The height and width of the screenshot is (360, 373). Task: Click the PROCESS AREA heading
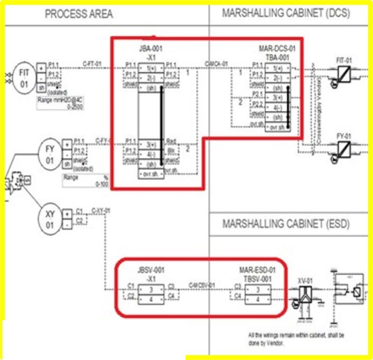79,14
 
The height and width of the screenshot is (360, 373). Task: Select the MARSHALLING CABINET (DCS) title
286,14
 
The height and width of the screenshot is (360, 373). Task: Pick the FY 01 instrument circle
50,154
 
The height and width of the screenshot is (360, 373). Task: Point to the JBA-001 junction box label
150,49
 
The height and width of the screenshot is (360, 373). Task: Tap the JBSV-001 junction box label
150,270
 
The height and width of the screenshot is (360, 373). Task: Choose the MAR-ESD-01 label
257,270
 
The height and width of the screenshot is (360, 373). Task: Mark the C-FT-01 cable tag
92,64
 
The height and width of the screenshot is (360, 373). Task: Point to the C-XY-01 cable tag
101,210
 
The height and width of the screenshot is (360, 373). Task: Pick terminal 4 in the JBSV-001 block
151,299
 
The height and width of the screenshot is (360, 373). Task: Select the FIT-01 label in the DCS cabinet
344,60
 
